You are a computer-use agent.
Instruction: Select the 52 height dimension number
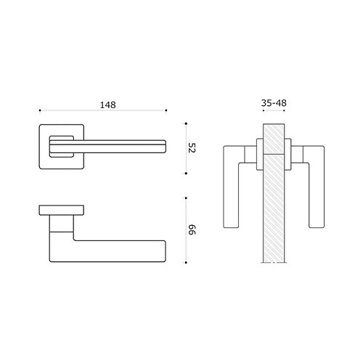tap(192, 148)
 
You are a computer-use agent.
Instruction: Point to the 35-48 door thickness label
tap(273, 104)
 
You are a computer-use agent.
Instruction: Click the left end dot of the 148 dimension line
tap(39, 111)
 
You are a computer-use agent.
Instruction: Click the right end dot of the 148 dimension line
tap(167, 111)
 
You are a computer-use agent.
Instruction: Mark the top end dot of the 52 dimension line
tap(187, 123)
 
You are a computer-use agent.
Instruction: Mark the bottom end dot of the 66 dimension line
tap(187, 263)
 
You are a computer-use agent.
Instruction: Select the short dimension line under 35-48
tap(273, 112)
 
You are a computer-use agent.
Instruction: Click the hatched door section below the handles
tap(273, 232)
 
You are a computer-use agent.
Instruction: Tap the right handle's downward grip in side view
tap(316, 196)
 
